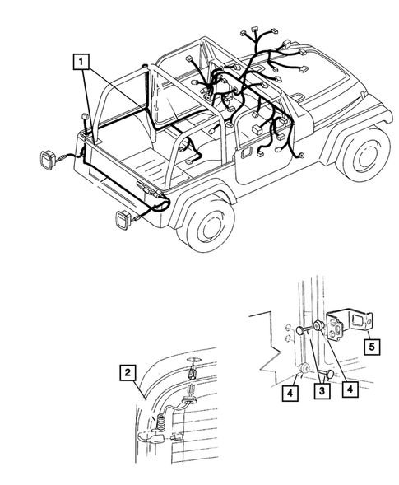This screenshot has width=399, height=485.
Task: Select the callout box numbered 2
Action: pyautogui.click(x=127, y=372)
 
